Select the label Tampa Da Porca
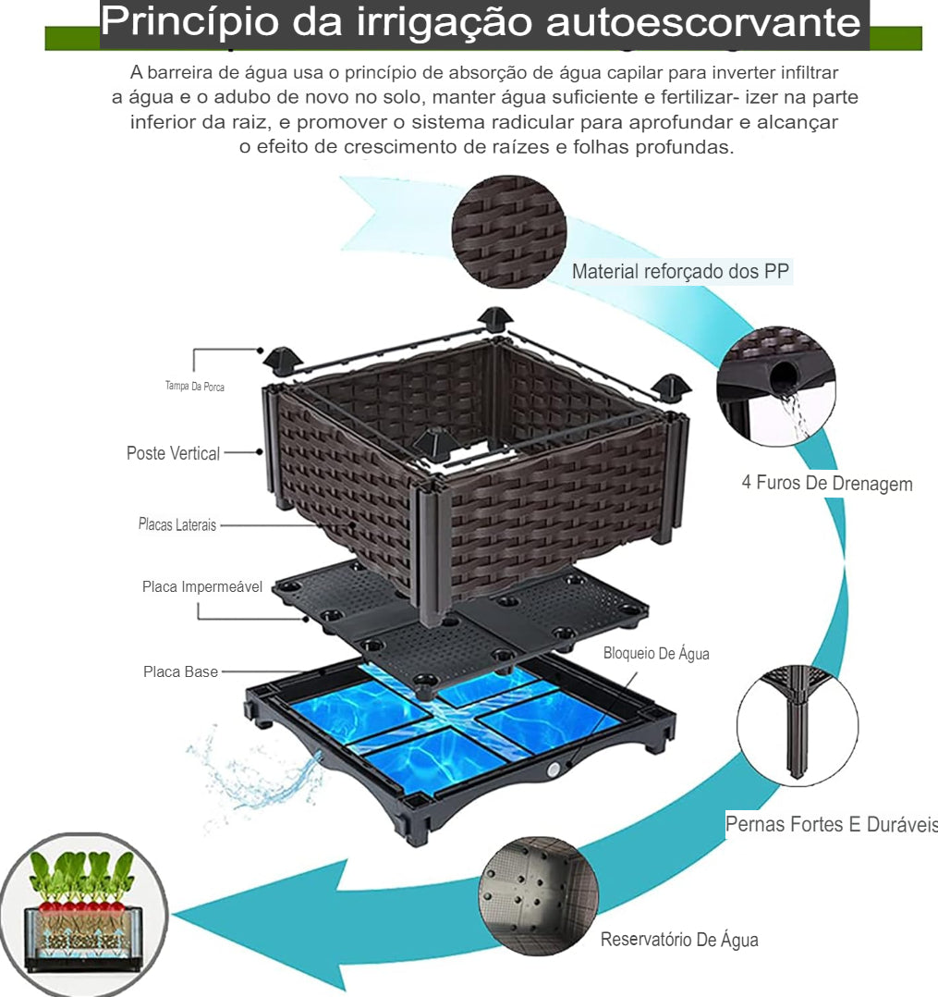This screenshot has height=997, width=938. [x=195, y=386]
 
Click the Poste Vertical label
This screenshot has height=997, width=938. [x=173, y=453]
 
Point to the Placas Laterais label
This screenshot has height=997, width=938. [x=177, y=524]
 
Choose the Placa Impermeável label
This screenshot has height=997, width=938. [x=202, y=586]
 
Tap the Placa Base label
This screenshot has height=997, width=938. [x=180, y=671]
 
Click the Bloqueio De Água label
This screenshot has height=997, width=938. [x=656, y=653]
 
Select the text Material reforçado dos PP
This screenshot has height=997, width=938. [x=681, y=271]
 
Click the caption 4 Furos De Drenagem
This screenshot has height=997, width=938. [x=826, y=483]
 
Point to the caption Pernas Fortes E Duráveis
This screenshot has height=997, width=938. [x=831, y=824]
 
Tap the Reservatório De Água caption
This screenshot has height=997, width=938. [x=679, y=940]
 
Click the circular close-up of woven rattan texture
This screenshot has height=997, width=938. [x=508, y=230]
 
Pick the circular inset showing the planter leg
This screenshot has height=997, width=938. [x=797, y=726]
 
